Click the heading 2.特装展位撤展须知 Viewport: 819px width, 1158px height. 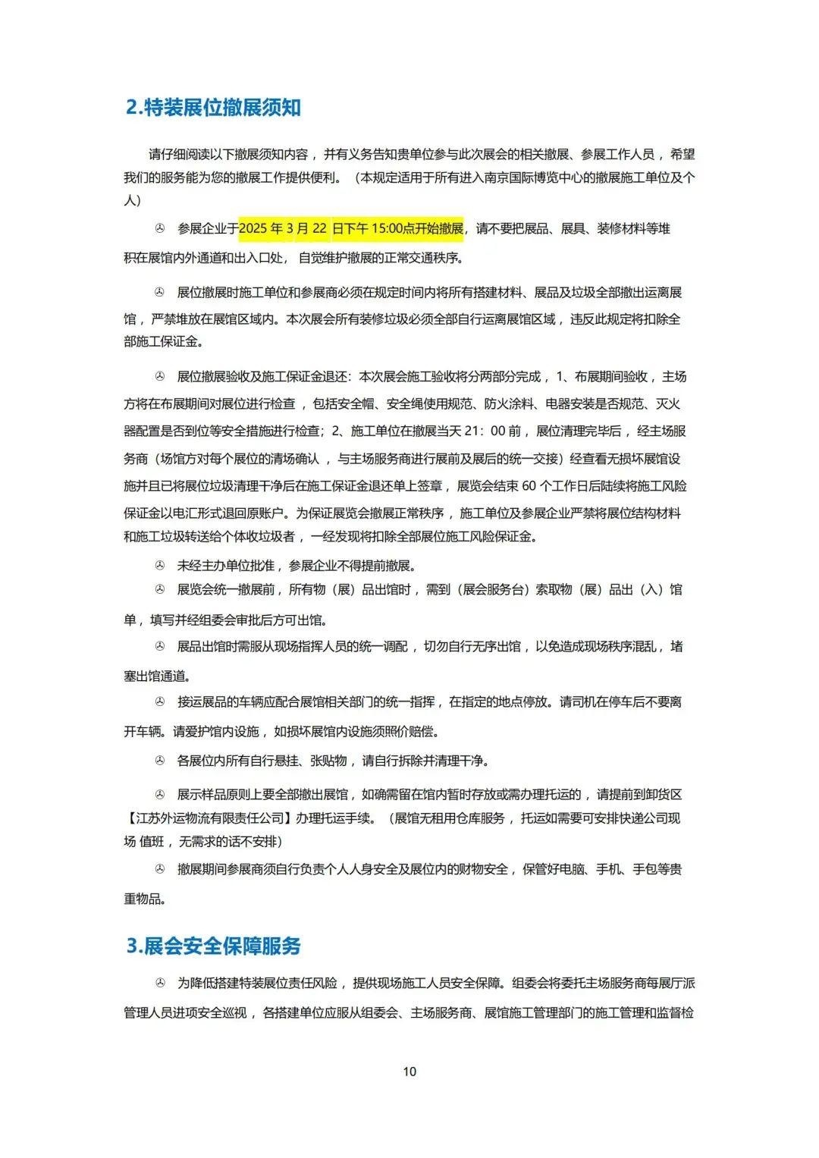click(x=213, y=108)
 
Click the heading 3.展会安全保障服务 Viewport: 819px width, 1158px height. click(x=213, y=946)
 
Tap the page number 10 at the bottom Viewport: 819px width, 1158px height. click(x=409, y=1072)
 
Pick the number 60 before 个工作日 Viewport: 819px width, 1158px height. click(x=529, y=486)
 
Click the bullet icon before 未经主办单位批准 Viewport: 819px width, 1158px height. click(x=160, y=566)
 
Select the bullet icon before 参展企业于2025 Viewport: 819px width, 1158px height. click(x=160, y=228)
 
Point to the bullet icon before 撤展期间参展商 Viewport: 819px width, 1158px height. click(x=160, y=869)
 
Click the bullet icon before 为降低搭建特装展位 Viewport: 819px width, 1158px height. click(x=160, y=984)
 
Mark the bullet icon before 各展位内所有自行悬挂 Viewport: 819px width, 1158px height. click(x=160, y=761)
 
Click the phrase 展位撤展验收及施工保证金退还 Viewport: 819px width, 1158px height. click(x=262, y=377)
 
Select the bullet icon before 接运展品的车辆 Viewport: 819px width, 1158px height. click(x=160, y=702)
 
